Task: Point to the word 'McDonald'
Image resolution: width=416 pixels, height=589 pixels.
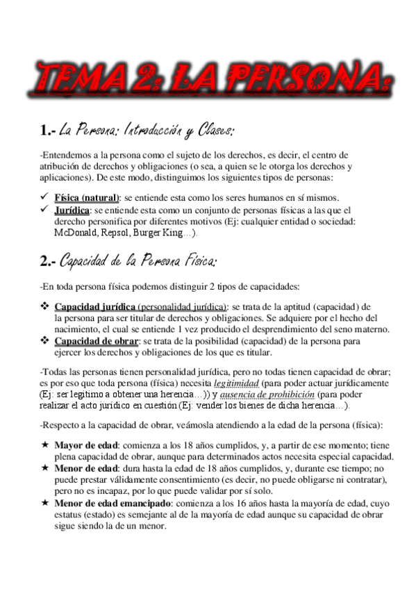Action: [x=74, y=233]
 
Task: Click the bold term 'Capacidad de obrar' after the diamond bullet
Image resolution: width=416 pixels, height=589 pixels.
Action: [x=97, y=341]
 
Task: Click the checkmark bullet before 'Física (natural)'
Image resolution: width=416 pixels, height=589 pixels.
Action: [x=45, y=198]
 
